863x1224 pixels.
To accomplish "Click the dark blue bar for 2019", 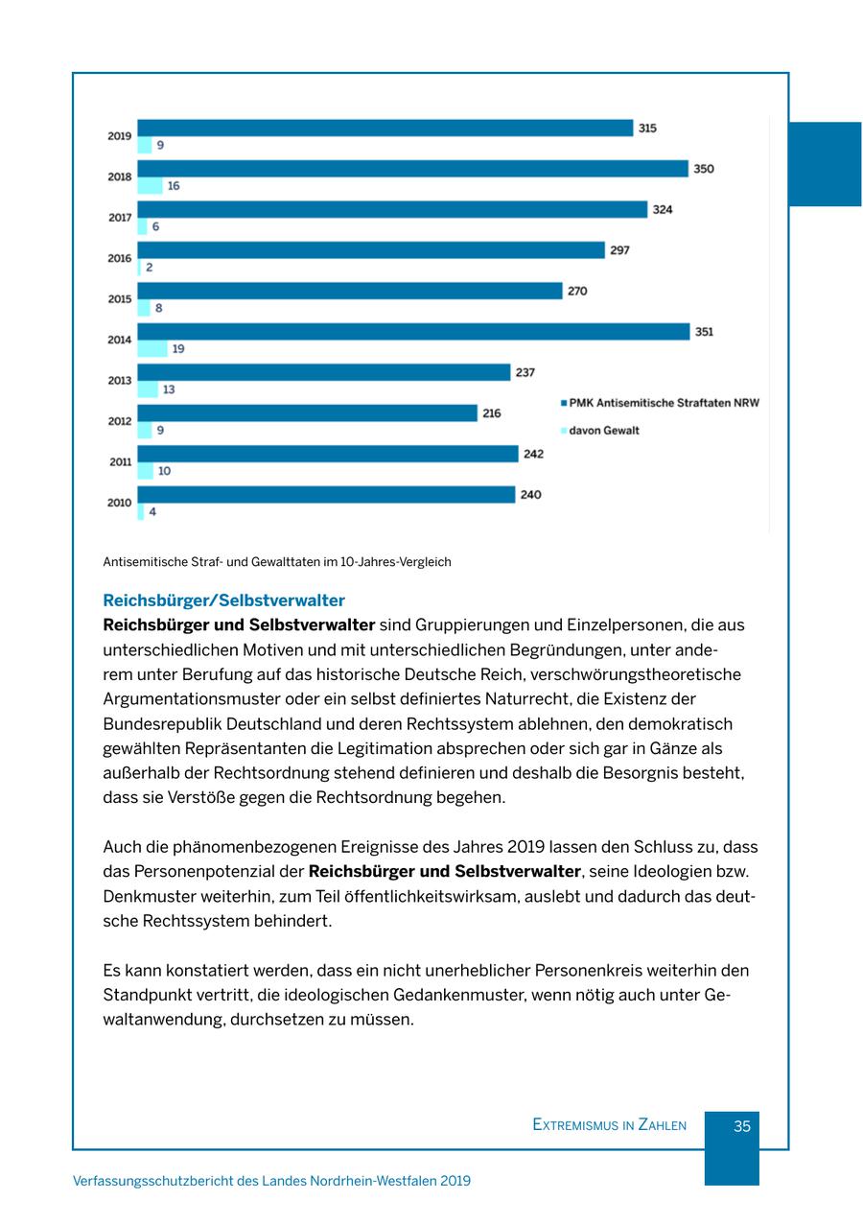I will pos(385,128).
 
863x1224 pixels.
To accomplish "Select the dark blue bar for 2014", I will pos(413,332).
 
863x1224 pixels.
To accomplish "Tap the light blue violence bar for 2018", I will pos(150,186).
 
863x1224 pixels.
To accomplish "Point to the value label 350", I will pos(704,169).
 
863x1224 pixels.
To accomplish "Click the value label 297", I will pos(620,250).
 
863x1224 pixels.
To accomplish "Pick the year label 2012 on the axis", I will pos(120,421).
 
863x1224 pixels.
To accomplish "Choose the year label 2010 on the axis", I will pos(120,503).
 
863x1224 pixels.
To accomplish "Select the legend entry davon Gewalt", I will pos(603,431).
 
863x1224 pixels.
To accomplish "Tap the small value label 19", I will pos(178,349).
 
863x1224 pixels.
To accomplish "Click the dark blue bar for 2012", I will pos(307,413).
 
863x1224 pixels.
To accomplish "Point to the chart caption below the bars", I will pos(277,562).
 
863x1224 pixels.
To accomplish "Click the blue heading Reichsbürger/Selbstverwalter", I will pos(223,601).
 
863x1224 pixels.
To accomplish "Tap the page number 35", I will pos(741,1126).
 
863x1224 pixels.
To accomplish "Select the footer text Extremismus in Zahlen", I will pos(609,1125).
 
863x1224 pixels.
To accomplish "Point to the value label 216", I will pos(491,413).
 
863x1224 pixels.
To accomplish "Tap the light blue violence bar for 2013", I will pos(148,389).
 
